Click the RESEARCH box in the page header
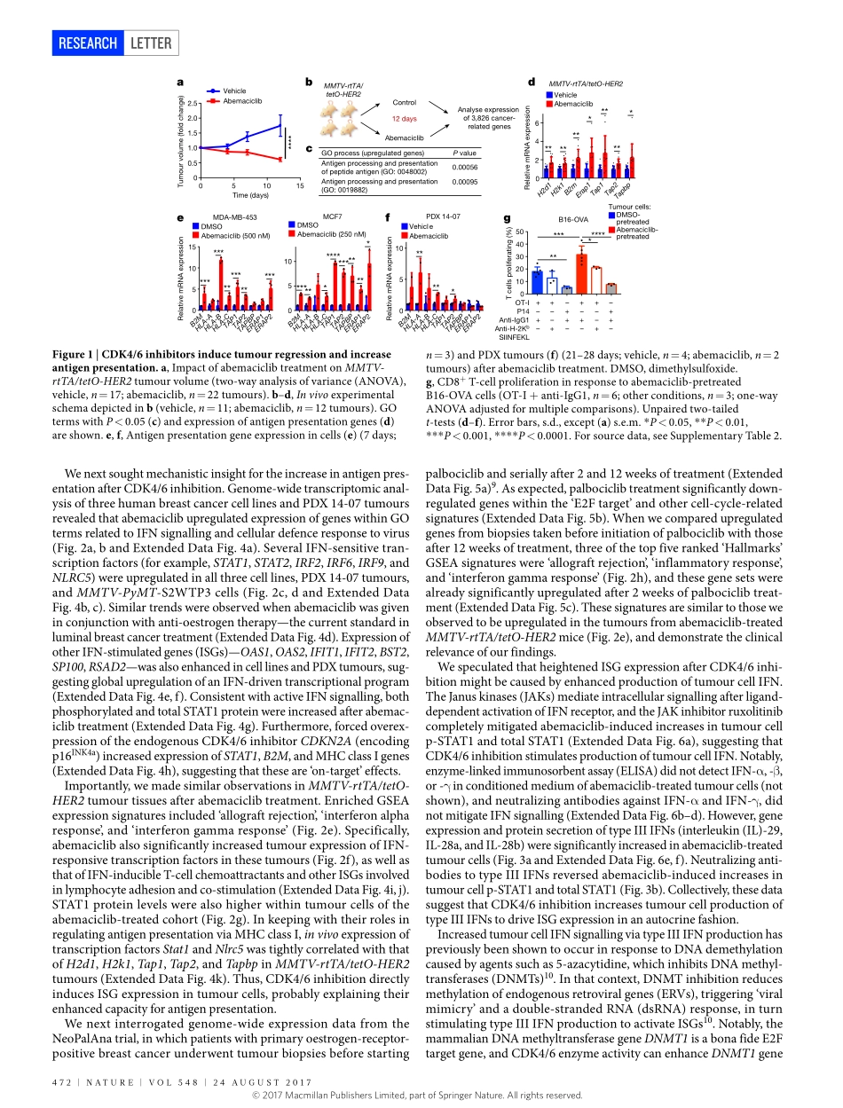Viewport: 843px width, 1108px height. pyautogui.click(x=87, y=43)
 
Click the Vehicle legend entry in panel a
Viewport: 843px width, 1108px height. pyautogui.click(x=234, y=90)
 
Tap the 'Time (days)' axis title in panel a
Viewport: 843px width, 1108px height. pyautogui.click(x=250, y=194)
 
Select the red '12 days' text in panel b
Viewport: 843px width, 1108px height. pyautogui.click(x=404, y=118)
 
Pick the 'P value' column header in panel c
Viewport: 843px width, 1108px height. pyautogui.click(x=464, y=153)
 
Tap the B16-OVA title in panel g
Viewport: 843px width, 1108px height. pyautogui.click(x=572, y=218)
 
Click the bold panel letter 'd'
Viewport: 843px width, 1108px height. pyautogui.click(x=531, y=82)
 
